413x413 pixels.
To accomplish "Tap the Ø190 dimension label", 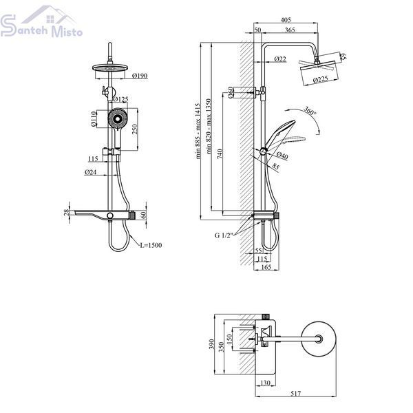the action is [x=140, y=76].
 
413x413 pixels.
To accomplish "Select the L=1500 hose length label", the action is [x=151, y=245].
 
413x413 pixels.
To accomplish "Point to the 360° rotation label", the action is [x=310, y=111].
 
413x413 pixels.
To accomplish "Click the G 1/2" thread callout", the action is [x=223, y=235].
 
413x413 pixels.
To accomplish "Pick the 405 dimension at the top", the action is [x=286, y=20].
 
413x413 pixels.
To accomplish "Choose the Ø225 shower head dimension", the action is [x=321, y=79].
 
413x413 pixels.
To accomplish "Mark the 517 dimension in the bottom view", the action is [x=295, y=394].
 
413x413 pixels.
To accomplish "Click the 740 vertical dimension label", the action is [x=220, y=153].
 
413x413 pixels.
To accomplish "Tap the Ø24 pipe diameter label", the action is [x=91, y=172].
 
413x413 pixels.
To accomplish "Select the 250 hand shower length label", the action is [x=135, y=129].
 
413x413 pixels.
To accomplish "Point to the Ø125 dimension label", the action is [x=120, y=99].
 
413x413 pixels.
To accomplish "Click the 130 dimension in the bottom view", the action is [x=265, y=383].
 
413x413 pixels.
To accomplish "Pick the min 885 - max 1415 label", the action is [x=198, y=131].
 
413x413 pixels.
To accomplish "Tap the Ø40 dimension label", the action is [x=282, y=156].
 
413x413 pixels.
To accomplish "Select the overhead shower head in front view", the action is [x=110, y=68].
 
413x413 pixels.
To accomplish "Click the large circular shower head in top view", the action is [x=318, y=339].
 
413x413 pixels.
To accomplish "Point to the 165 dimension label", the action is [x=266, y=267].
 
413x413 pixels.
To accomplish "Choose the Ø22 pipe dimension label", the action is [x=280, y=59].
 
